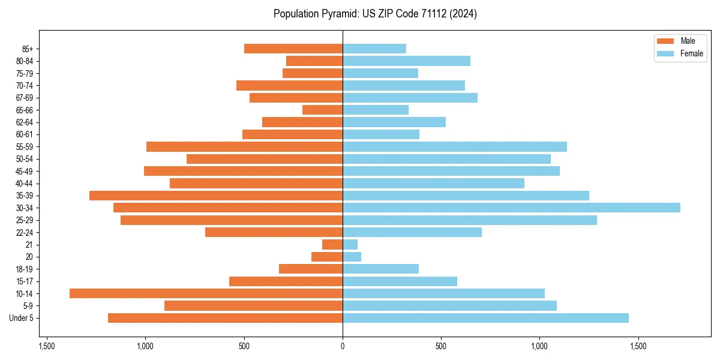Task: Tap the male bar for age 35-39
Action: pos(216,196)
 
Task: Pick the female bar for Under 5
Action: pos(485,318)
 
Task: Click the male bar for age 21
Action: pos(332,245)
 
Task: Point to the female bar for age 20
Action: pos(352,257)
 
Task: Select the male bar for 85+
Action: pos(293,49)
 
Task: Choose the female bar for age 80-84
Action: pos(406,61)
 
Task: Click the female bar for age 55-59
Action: pos(454,146)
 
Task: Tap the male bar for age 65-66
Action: pos(322,110)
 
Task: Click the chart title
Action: pos(375,14)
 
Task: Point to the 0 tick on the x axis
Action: pos(343,346)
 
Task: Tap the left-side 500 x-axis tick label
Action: pos(244,346)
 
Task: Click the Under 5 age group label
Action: pos(21,318)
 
